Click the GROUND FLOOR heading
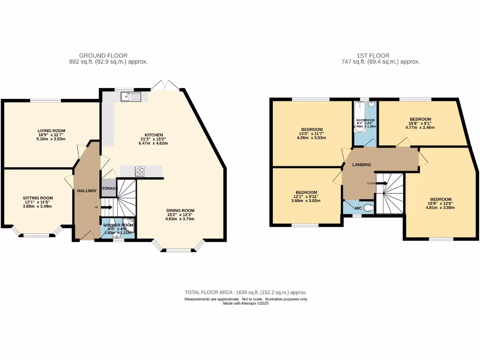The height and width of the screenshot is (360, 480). pyautogui.click(x=103, y=55)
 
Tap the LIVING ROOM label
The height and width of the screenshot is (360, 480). pyautogui.click(x=52, y=131)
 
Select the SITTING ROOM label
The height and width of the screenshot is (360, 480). pyautogui.click(x=37, y=198)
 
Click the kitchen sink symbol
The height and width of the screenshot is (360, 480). pyautogui.click(x=131, y=97)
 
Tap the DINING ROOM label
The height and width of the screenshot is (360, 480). pyautogui.click(x=180, y=210)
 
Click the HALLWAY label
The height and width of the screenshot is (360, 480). pyautogui.click(x=87, y=191)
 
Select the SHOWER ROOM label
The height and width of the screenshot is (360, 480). pyautogui.click(x=118, y=225)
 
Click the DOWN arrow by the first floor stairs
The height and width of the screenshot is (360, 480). pyautogui.click(x=381, y=183)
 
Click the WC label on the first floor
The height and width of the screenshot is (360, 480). pyautogui.click(x=358, y=208)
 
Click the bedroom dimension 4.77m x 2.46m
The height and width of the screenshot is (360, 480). pyautogui.click(x=420, y=127)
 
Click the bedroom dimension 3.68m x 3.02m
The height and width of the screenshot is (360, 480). pyautogui.click(x=306, y=201)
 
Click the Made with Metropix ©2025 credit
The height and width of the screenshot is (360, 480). pyautogui.click(x=246, y=303)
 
